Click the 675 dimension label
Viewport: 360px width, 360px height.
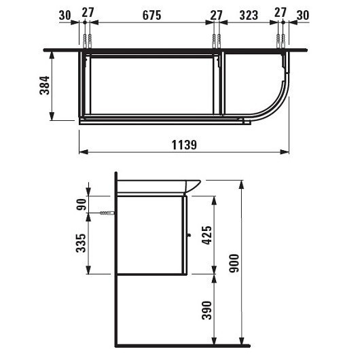point(151,16)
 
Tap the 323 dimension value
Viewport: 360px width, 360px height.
point(249,16)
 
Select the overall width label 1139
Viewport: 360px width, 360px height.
point(184,145)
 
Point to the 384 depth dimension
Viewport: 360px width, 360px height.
point(44,86)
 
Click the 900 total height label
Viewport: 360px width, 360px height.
point(234,263)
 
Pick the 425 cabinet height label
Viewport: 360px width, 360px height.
point(206,235)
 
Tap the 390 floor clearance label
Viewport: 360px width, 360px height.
point(206,310)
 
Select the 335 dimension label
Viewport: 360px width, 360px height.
point(81,243)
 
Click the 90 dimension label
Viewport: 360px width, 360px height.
point(82,204)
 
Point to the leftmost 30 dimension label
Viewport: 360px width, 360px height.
point(65,16)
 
